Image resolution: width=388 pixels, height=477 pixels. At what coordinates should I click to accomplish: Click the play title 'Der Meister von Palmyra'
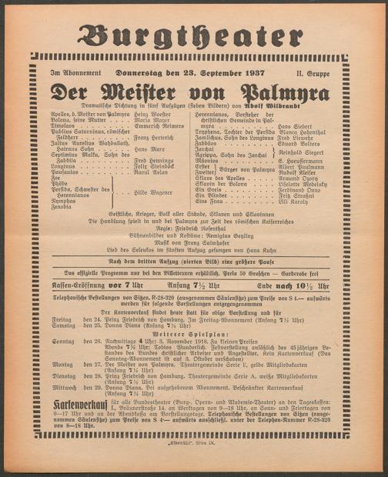coord(193,89)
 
